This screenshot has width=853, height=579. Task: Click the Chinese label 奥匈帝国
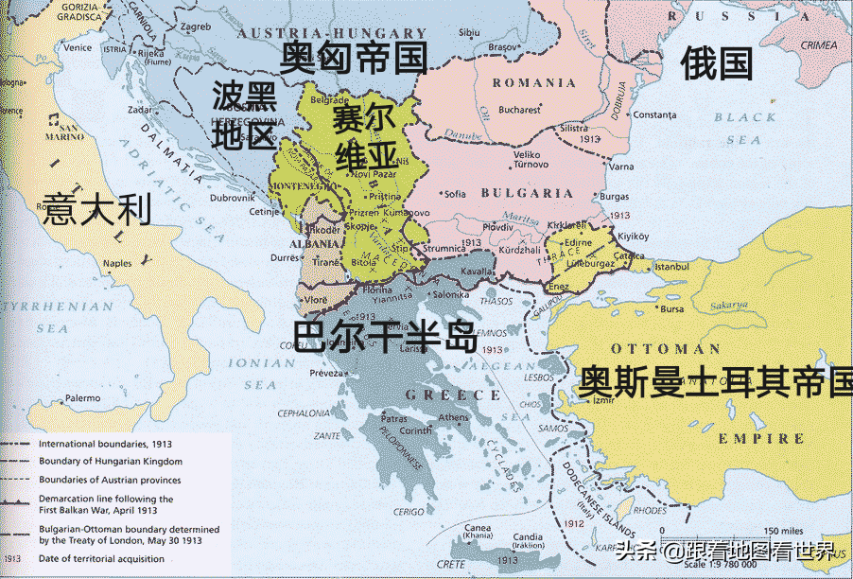point(353,58)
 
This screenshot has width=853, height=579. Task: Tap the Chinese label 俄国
point(717,64)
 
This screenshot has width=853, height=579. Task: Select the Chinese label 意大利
point(96,208)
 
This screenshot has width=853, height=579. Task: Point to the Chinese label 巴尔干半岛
point(386,336)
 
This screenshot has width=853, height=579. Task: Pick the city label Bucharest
point(519,110)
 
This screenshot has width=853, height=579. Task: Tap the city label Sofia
point(456,194)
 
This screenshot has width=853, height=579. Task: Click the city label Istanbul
point(672,268)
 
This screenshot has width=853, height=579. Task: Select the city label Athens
point(453,418)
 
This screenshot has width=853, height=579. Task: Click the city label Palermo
point(82,398)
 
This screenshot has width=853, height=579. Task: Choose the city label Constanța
point(655,115)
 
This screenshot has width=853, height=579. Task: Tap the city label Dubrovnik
point(233,198)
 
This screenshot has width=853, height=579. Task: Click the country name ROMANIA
point(534,83)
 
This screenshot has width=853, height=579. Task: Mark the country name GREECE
point(438,394)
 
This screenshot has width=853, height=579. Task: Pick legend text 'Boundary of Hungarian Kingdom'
point(111,461)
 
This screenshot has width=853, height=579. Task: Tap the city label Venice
point(78,47)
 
